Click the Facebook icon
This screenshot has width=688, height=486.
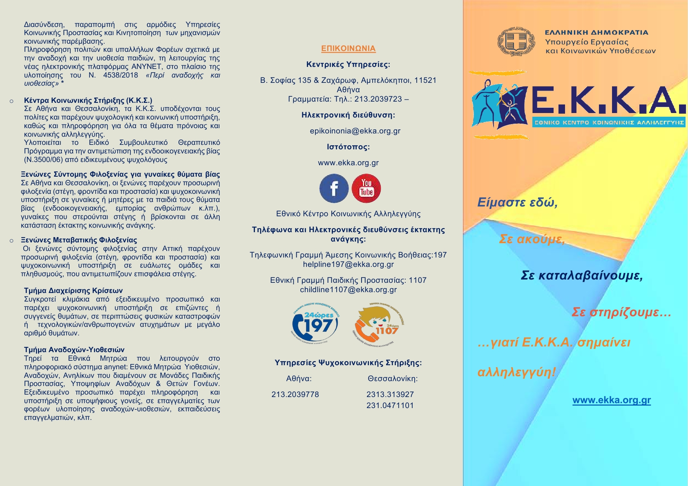pyautogui.click(x=334, y=189)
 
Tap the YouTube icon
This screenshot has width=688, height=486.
pyautogui.click(x=366, y=188)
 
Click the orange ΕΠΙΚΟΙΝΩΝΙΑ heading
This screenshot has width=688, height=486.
pyautogui.click(x=348, y=49)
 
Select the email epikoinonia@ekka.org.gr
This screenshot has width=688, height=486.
pyautogui.click(x=355, y=131)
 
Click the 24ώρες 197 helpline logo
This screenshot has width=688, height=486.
pyautogui.click(x=315, y=324)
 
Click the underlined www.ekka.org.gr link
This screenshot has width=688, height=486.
pyautogui.click(x=612, y=400)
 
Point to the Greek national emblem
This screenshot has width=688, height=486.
pyautogui.click(x=516, y=42)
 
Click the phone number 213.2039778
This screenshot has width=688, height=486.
pyautogui.click(x=295, y=395)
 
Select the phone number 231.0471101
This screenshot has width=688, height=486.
pyautogui.click(x=390, y=406)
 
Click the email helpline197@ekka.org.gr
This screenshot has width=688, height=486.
pyautogui.click(x=348, y=264)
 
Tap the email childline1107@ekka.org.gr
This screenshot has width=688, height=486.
pyautogui.click(x=348, y=290)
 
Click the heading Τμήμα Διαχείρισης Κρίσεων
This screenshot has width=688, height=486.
pyautogui.click(x=74, y=291)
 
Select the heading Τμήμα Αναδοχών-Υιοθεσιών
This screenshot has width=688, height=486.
pyautogui.click(x=74, y=350)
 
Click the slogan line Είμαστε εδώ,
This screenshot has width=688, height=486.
pyautogui.click(x=517, y=202)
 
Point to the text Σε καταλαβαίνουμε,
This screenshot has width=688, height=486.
pyautogui.click(x=582, y=276)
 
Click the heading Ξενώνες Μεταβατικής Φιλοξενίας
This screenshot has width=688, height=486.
pyautogui.click(x=79, y=240)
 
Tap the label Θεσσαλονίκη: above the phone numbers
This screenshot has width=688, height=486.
pyautogui.click(x=393, y=379)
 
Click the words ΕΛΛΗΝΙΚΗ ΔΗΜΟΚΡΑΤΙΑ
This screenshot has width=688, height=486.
pyautogui.click(x=596, y=33)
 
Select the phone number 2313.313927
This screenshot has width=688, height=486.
pyautogui.click(x=390, y=395)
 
